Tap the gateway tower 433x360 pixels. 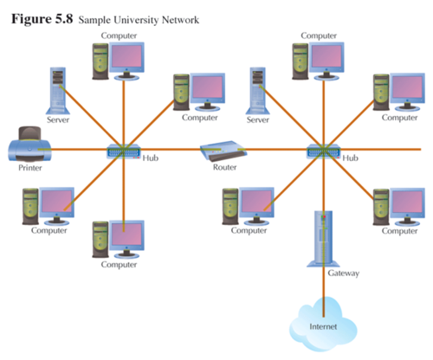click(x=323, y=238)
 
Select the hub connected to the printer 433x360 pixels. click(x=122, y=151)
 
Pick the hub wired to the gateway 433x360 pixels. click(x=324, y=151)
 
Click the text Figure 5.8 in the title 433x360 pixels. click(x=43, y=18)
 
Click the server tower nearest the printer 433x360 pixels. click(x=57, y=91)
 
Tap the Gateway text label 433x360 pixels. click(x=344, y=273)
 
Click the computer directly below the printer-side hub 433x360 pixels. click(x=118, y=238)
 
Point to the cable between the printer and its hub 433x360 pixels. click(x=78, y=151)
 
